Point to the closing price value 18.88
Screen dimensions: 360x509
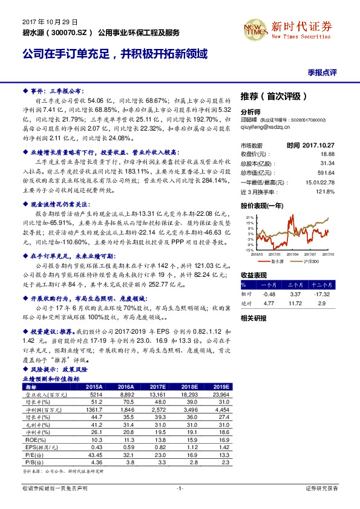(x=327, y=154)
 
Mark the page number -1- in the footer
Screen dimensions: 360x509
(x=180, y=488)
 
